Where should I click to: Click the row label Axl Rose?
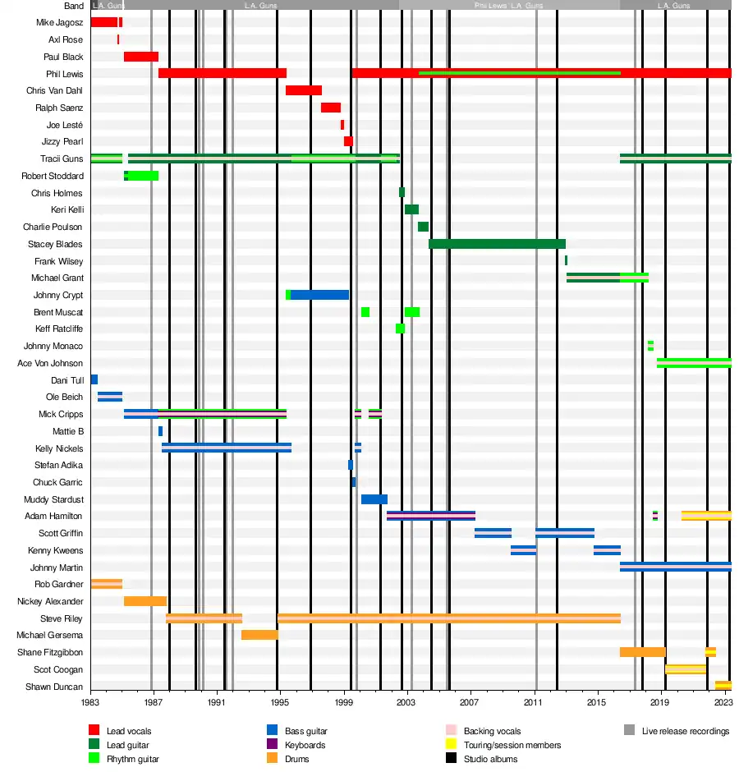66,39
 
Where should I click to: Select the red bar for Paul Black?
140,57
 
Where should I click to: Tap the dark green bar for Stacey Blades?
497,244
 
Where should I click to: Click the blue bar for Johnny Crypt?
319,295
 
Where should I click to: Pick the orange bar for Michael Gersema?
259,635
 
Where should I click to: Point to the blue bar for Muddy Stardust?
374,499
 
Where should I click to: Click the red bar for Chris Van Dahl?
303,90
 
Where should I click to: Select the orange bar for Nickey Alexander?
145,601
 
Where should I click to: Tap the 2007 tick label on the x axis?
469,703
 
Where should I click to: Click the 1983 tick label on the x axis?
90,703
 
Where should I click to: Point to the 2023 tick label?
723,703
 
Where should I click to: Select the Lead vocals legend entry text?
129,731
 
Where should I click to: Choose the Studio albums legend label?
490,759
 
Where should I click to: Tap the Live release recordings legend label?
685,731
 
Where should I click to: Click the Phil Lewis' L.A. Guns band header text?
508,6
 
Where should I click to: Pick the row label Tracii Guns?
62,159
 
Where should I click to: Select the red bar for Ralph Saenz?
330,108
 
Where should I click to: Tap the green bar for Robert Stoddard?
143,176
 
